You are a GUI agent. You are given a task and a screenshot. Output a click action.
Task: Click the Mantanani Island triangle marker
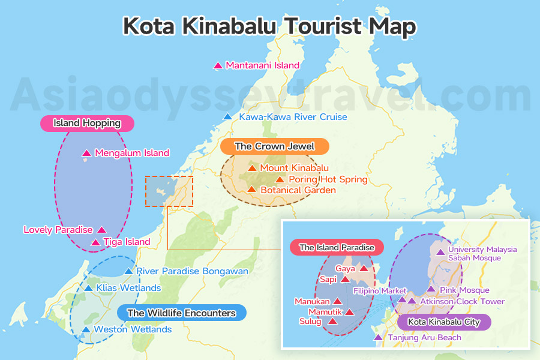click(x=218, y=65)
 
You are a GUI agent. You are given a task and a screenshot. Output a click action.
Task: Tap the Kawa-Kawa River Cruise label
click(x=293, y=117)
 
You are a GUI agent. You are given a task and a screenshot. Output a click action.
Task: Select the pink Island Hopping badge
click(x=87, y=124)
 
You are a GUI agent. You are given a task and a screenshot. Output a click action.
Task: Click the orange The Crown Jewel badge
click(x=274, y=146)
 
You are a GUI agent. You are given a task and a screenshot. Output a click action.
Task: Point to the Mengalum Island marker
click(x=86, y=153)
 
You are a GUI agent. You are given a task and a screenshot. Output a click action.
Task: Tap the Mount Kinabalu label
click(x=294, y=168)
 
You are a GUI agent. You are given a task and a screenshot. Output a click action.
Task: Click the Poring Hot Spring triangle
click(x=280, y=179)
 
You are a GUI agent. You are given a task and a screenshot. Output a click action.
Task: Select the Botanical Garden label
click(x=298, y=190)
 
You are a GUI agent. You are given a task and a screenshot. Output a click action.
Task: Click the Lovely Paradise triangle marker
click(x=101, y=230)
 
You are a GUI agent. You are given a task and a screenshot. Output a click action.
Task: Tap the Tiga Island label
click(x=127, y=242)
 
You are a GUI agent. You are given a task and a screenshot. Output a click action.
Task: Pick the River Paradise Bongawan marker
click(x=128, y=272)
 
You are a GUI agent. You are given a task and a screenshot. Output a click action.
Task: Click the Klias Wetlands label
click(x=128, y=288)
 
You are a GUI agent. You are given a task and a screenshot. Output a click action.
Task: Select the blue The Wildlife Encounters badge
click(x=181, y=313)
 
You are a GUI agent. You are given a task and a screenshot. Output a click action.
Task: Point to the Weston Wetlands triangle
click(x=86, y=329)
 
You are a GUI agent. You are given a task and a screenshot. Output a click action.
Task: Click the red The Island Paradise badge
click(x=337, y=247)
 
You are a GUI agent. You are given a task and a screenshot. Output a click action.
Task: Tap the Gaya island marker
click(x=364, y=269)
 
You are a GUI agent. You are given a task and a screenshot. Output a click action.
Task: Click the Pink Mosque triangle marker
click(x=430, y=290)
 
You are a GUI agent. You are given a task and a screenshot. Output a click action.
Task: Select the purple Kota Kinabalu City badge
click(x=443, y=322)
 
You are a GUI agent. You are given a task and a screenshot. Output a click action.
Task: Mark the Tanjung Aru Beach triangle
click(x=378, y=338)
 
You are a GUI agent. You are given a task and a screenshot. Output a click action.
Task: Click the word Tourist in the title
click(x=324, y=27)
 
